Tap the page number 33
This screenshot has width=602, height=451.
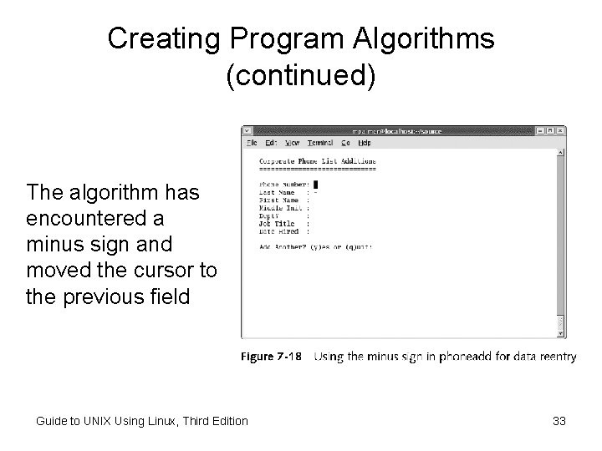coord(559,421)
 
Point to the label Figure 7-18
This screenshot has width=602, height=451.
coord(272,357)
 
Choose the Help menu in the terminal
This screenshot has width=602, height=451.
coord(365,143)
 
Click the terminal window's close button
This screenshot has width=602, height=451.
coord(561,130)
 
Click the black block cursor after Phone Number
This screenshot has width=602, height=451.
coord(317,185)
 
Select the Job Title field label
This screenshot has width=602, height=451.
coord(278,224)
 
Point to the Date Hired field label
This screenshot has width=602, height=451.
coord(278,231)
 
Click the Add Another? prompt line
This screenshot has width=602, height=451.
coord(315,247)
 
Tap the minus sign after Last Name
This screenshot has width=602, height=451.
coord(315,193)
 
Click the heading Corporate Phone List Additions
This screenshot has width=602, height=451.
coord(317,161)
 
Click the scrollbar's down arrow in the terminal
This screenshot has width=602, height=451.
coord(561,332)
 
